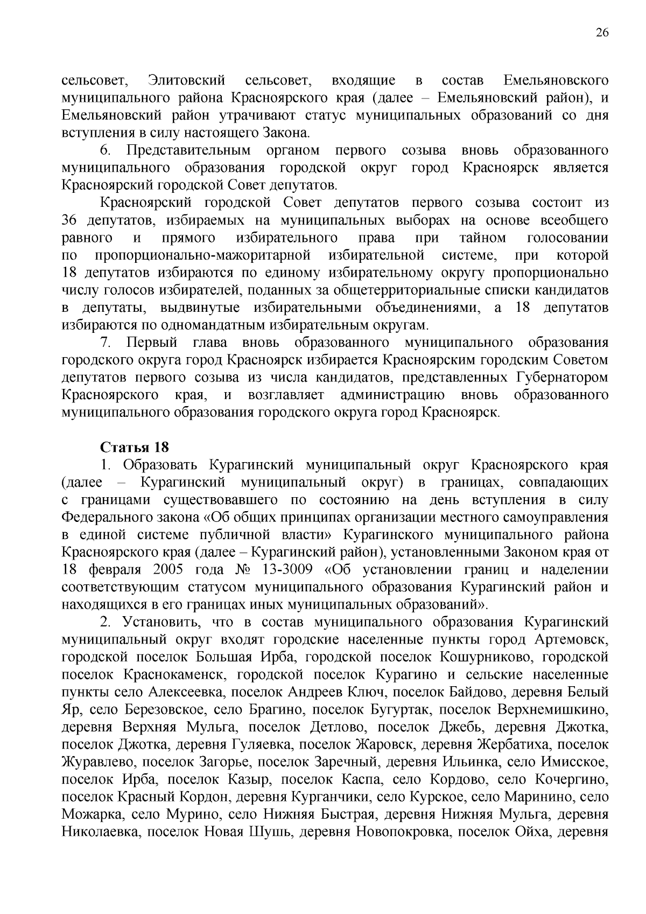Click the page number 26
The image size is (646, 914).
(x=602, y=33)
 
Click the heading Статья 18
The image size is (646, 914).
(x=134, y=448)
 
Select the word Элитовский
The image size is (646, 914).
(x=186, y=81)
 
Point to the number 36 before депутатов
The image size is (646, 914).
(x=70, y=220)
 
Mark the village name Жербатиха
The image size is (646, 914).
(x=515, y=745)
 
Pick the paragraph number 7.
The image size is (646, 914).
(x=105, y=343)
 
